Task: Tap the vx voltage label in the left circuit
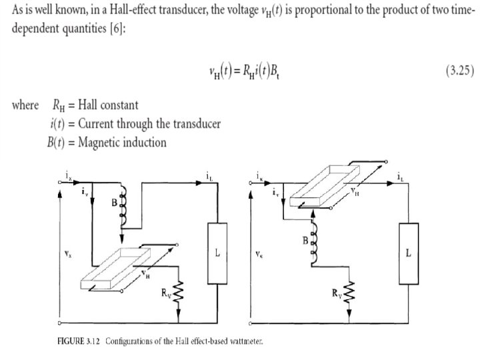(68, 253)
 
